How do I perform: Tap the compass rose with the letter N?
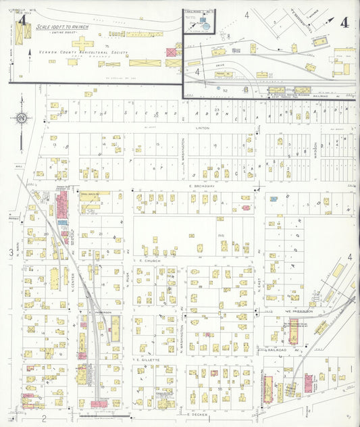22,119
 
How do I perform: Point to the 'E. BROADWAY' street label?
201,185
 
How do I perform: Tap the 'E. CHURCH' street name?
147,259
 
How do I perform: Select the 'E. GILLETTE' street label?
147,360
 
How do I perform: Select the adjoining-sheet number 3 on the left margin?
10,253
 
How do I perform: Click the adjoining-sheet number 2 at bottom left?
43,419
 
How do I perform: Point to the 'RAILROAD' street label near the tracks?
278,350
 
